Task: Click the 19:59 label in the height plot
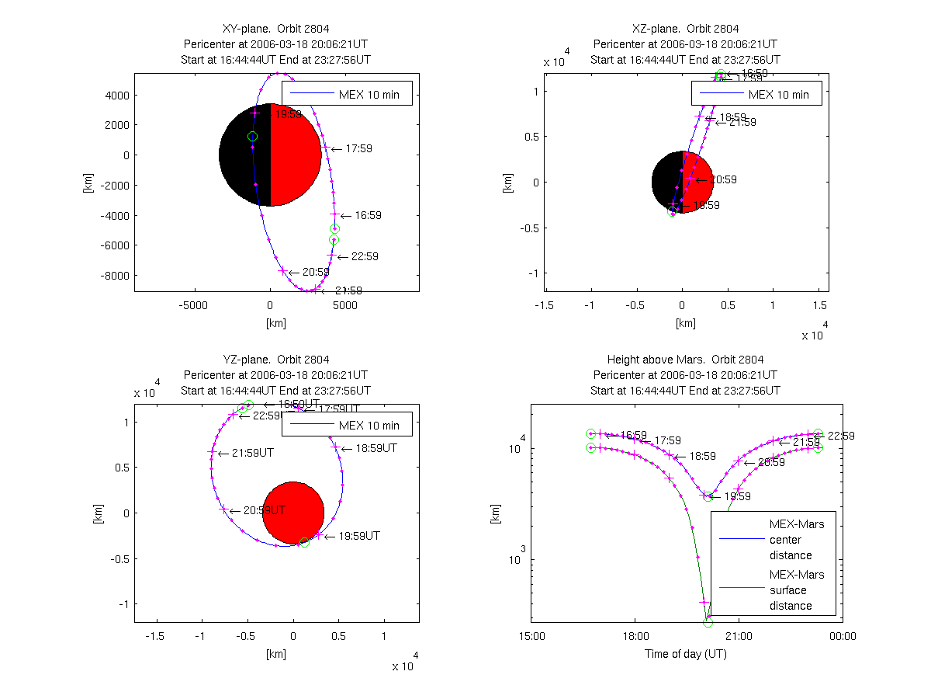737,496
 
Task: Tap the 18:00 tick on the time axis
635,636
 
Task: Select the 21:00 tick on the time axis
739,636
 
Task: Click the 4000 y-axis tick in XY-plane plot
118,96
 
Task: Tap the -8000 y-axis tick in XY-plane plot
116,275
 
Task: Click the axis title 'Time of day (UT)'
686,654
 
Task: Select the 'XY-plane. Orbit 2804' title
276,30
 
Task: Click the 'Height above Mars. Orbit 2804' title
686,360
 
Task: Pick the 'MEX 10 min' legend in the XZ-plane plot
778,95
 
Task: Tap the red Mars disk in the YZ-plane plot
293,513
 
